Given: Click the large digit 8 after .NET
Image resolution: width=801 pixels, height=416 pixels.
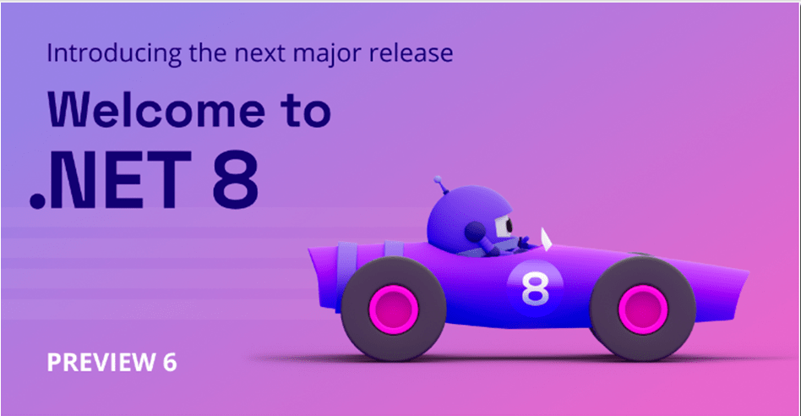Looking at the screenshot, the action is [235, 179].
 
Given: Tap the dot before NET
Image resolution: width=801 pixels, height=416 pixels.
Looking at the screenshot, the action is [37, 201].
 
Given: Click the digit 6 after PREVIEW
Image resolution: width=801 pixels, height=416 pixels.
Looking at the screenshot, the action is [170, 363].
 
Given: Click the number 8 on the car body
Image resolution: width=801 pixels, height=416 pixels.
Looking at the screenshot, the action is [534, 287].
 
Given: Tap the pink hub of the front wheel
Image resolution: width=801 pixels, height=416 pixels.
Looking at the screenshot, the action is [643, 309].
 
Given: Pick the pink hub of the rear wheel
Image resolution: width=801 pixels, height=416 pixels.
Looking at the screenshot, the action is [394, 309].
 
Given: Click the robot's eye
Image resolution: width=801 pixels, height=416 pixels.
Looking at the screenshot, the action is [506, 225].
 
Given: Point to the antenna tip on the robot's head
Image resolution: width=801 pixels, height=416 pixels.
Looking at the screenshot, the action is [438, 179].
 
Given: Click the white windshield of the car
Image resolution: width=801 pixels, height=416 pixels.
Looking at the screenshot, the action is [546, 239].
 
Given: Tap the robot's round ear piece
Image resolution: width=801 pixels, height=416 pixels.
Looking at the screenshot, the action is [475, 232].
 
